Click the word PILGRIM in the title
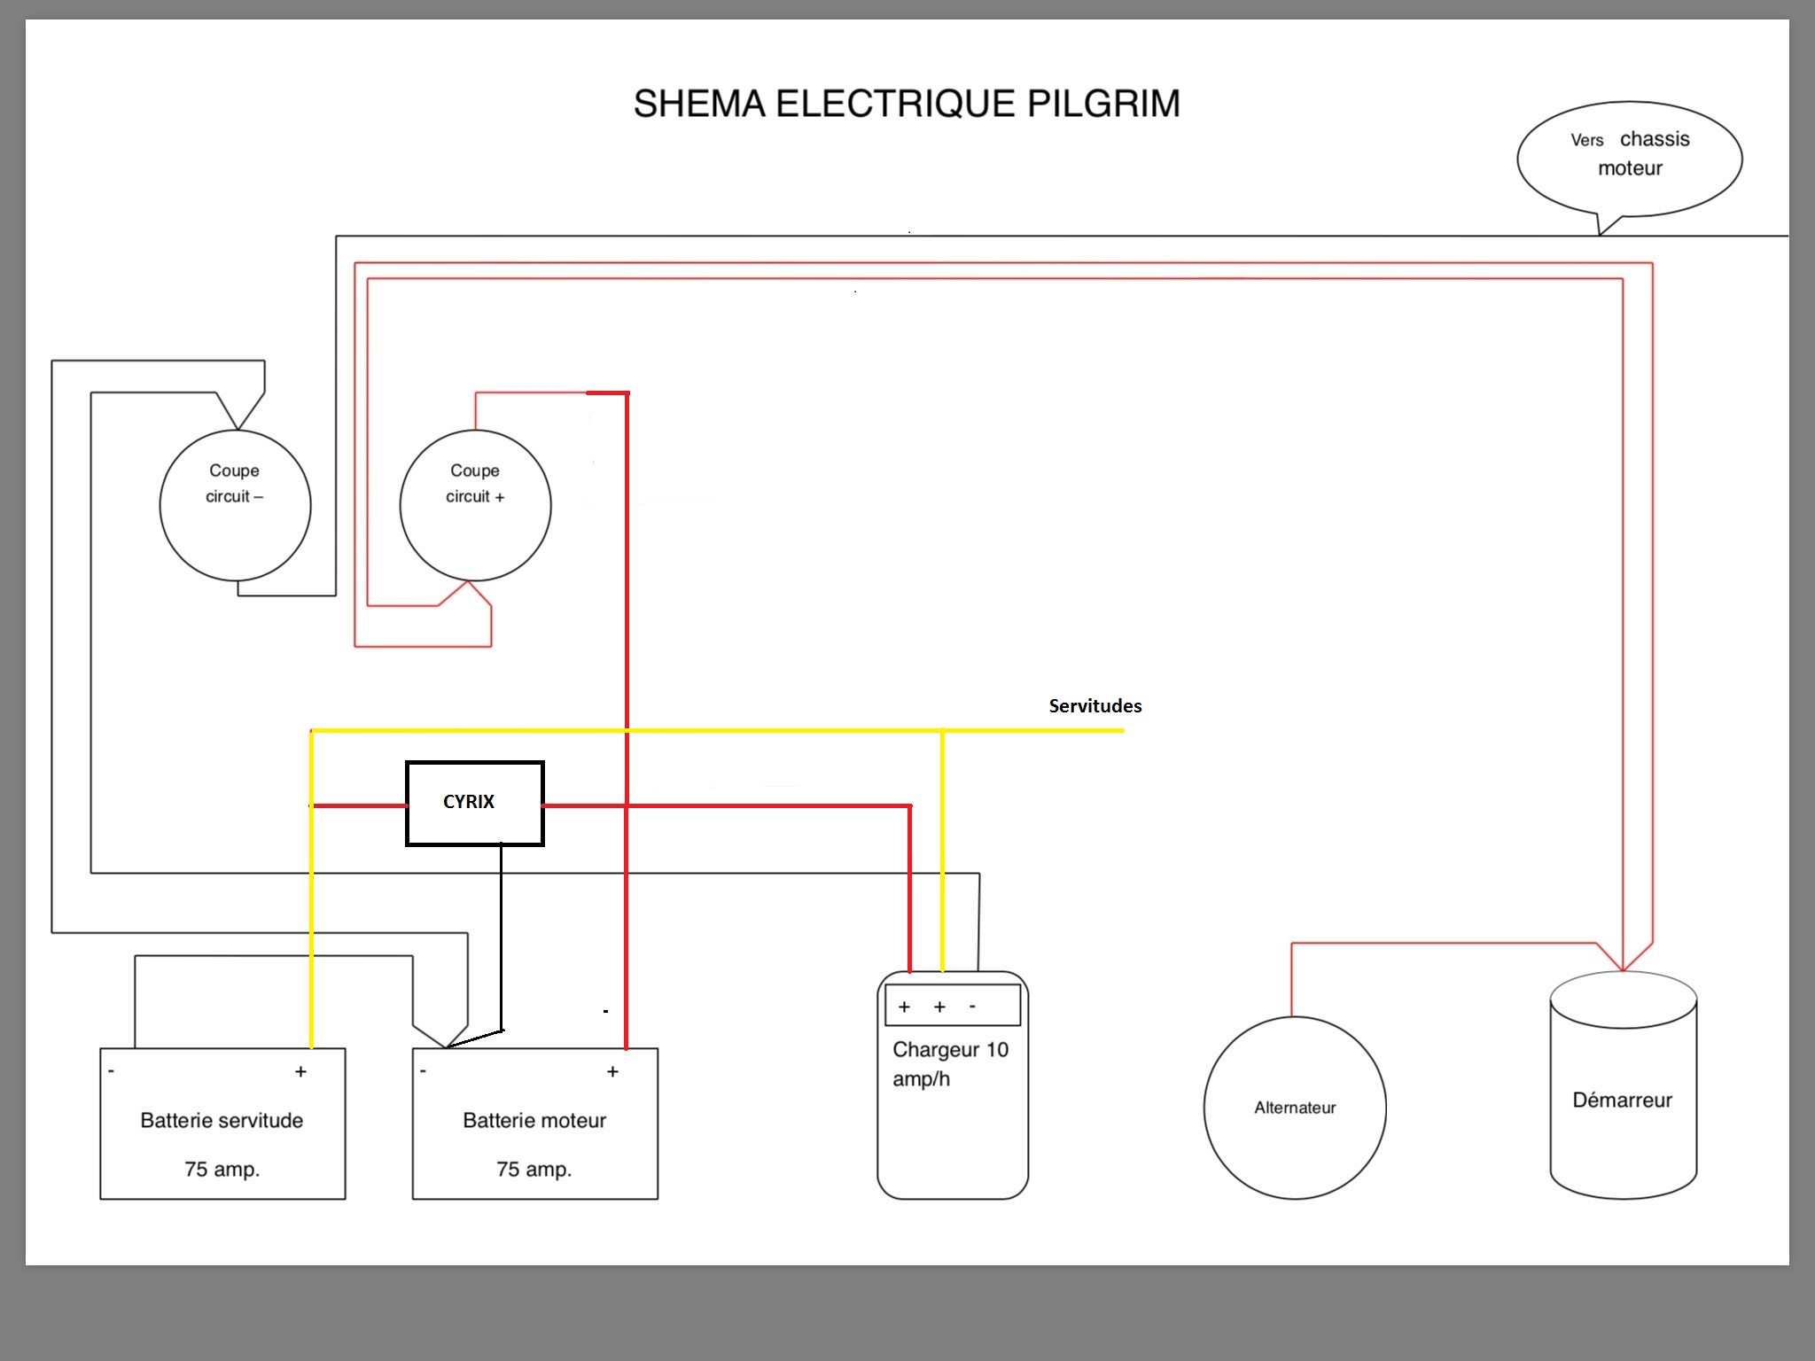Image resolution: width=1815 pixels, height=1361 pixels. tap(1103, 104)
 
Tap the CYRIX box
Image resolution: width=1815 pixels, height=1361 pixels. tap(474, 803)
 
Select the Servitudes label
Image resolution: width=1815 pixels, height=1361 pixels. tap(1094, 706)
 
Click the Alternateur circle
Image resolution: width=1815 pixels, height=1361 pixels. tap(1294, 1108)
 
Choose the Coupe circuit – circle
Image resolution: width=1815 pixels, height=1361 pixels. tap(235, 505)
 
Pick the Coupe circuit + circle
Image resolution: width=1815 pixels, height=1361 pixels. tap(475, 505)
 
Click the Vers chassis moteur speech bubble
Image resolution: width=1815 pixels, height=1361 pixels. tap(1630, 157)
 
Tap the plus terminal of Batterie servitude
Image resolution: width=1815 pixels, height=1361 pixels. tap(301, 1072)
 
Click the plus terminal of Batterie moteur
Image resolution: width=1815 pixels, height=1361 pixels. tap(612, 1072)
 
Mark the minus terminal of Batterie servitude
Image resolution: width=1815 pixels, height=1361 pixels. tap(112, 1071)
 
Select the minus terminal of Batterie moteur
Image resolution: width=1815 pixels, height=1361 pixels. tap(424, 1071)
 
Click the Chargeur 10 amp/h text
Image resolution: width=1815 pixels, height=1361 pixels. tap(950, 1063)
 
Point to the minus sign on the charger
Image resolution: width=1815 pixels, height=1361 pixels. tap(973, 1007)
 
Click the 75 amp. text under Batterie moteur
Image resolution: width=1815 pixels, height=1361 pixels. tap(534, 1170)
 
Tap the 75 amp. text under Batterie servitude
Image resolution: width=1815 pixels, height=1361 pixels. tap(222, 1170)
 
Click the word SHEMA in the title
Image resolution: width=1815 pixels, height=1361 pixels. tap(699, 104)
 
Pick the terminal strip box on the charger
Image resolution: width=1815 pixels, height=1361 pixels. tap(953, 1006)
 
